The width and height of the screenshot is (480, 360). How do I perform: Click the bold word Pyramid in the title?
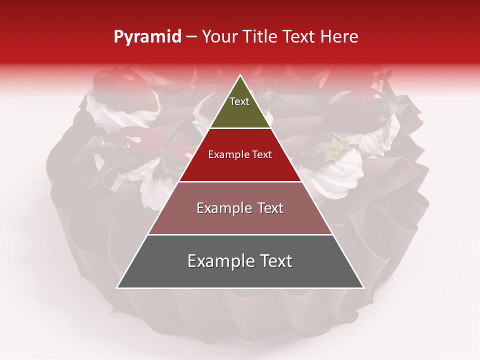tap(147, 37)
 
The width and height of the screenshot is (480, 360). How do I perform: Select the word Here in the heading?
tap(340, 37)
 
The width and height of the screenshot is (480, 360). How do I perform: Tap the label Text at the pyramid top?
tap(239, 101)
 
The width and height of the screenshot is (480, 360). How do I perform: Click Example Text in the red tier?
tap(240, 154)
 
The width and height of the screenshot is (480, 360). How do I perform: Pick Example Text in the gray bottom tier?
tap(240, 261)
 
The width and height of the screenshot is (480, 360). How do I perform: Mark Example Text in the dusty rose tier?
tap(240, 208)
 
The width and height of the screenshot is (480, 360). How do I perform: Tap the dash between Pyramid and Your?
tap(191, 37)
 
